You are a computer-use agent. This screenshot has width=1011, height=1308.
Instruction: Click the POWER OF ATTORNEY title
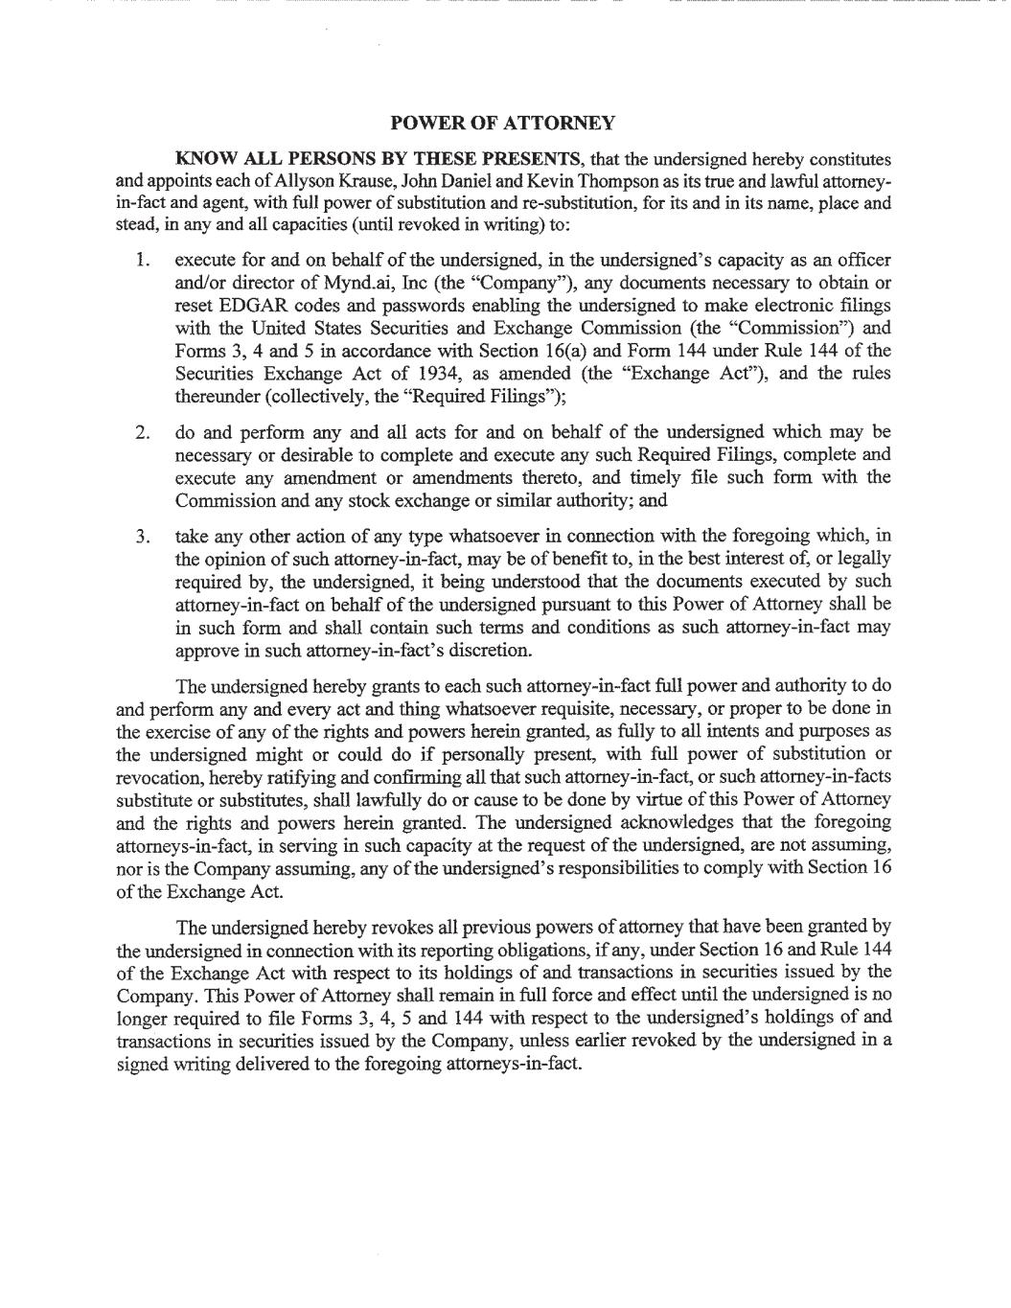coord(503,123)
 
